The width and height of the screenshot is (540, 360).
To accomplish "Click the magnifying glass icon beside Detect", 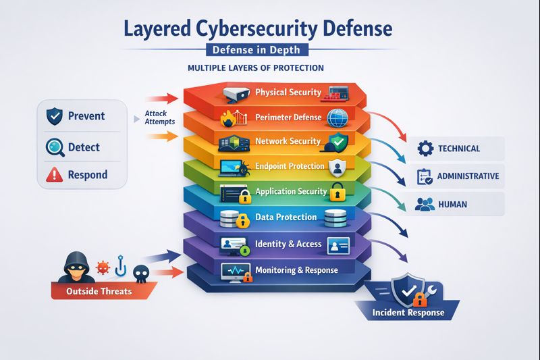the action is [55, 147].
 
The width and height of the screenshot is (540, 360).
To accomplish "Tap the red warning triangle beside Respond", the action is [55, 175].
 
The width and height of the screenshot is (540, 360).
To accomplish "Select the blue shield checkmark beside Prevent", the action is [55, 115].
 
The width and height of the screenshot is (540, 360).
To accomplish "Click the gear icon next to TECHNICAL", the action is [425, 149].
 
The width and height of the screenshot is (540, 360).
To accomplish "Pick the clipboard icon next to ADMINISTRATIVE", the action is [425, 176].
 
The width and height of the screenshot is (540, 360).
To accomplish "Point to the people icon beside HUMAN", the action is [425, 204].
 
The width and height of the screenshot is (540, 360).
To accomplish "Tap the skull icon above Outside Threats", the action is [141, 274].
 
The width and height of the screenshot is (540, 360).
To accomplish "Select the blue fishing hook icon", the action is [121, 265].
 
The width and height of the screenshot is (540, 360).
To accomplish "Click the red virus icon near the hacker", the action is [103, 267].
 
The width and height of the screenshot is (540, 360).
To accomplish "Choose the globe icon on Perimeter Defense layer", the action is [337, 118].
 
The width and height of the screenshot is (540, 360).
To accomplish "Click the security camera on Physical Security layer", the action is [236, 94].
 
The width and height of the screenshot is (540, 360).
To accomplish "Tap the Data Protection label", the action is [286, 217].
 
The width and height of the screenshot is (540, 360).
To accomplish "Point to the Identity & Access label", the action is [288, 244].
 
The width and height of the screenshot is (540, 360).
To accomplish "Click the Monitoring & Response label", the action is [296, 270].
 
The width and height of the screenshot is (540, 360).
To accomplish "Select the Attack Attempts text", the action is [159, 118].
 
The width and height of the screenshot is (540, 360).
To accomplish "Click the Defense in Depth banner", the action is [256, 50].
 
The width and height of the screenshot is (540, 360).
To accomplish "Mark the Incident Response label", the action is [408, 313].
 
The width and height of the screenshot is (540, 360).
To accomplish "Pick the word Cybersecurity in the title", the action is [257, 29].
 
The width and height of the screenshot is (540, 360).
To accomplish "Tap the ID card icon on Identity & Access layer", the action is [339, 246].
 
